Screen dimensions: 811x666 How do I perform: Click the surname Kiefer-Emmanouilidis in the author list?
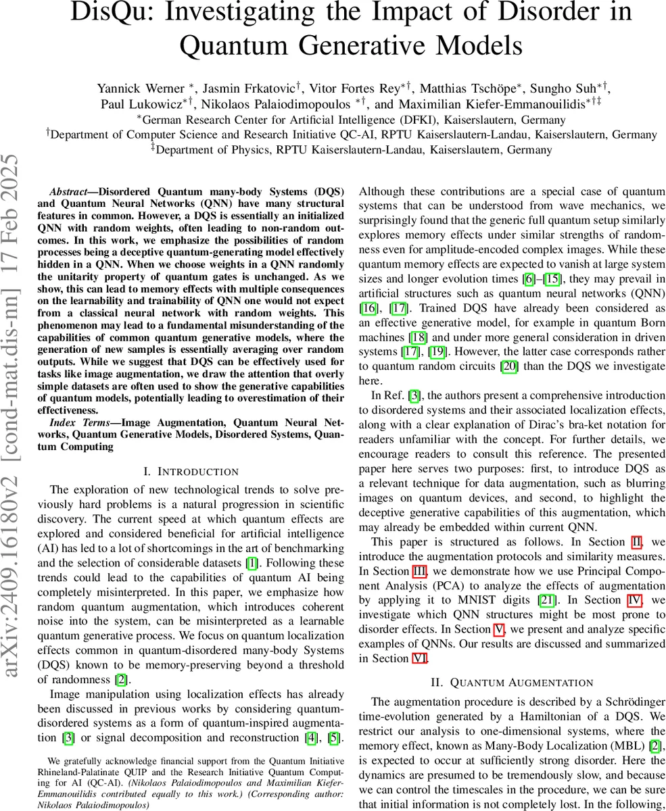[515, 105]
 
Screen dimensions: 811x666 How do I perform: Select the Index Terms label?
[74, 423]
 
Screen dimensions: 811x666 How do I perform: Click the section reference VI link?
[419, 658]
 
